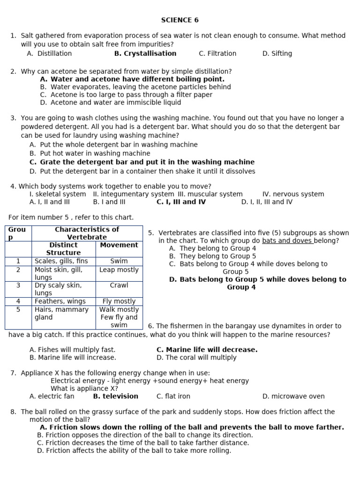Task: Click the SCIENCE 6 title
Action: click(176, 20)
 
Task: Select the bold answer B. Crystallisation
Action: click(145, 53)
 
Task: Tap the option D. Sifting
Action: click(277, 53)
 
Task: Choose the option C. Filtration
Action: click(217, 53)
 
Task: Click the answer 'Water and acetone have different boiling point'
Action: click(137, 79)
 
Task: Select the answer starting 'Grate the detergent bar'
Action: click(147, 162)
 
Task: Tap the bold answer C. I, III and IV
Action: click(181, 202)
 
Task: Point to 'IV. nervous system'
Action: click(293, 194)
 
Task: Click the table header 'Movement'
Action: click(119, 245)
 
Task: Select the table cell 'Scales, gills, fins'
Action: click(61, 261)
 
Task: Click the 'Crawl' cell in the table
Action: click(119, 285)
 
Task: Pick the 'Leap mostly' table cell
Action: click(119, 270)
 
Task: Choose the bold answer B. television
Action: click(116, 396)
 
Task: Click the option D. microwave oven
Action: click(293, 396)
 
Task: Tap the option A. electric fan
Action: click(52, 396)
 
